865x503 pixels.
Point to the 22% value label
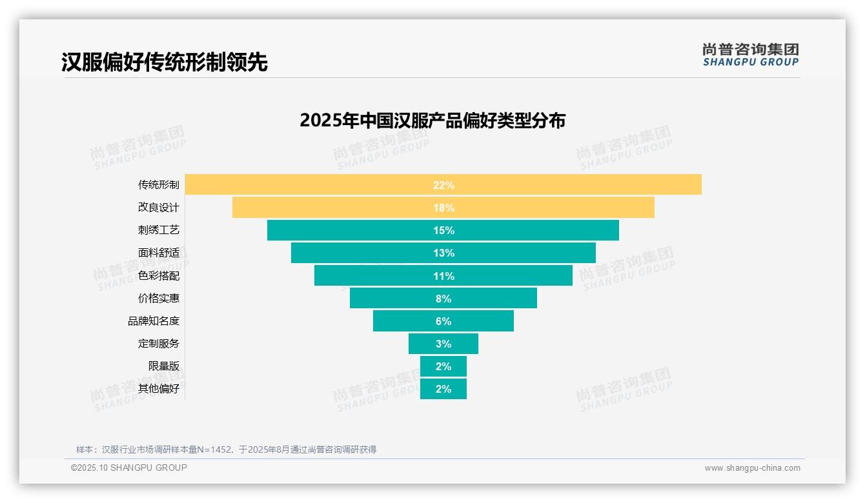coord(443,185)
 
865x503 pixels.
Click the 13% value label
coord(443,253)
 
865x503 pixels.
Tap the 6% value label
coord(443,321)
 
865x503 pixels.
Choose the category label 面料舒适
coord(159,253)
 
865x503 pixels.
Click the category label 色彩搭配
coord(159,275)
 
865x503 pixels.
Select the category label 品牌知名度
coord(154,321)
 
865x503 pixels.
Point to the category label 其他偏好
coord(159,389)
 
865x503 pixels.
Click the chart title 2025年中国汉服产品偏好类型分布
coord(432,121)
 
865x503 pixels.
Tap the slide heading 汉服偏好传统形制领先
coord(165,62)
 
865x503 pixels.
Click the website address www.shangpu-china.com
coord(752,468)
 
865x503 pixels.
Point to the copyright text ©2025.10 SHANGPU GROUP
coord(129,468)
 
